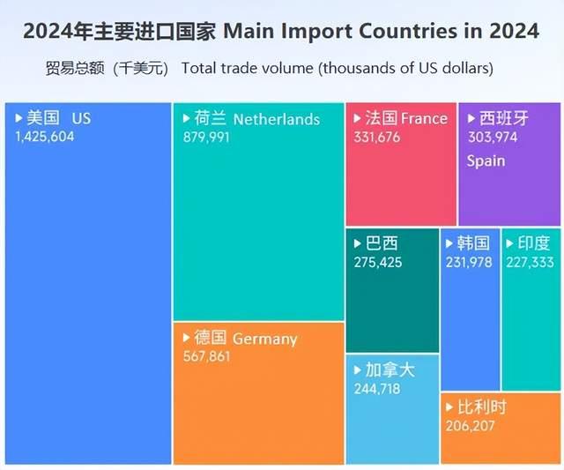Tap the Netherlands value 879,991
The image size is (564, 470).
tap(204, 138)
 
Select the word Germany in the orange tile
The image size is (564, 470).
tap(265, 339)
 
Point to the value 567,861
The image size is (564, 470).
tap(204, 356)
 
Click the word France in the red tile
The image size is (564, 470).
tap(424, 118)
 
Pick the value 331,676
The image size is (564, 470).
tap(375, 137)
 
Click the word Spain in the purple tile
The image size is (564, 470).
tap(486, 160)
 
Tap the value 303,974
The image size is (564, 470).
tap(492, 138)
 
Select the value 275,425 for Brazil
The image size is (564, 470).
tap(376, 262)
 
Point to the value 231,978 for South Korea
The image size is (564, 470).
tap(469, 262)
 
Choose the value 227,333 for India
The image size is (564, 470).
tap(531, 262)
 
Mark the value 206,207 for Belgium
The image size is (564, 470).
tap(471, 426)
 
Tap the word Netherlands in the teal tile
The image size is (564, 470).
tap(277, 119)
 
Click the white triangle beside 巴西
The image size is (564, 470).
tap(358, 243)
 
